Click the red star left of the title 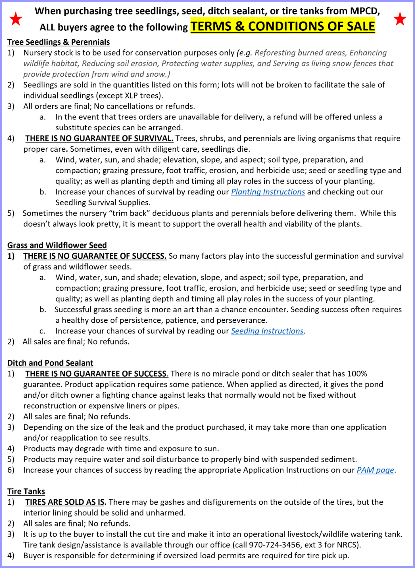[x=16, y=19]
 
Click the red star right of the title [x=400, y=19]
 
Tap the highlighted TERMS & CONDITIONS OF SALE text [x=283, y=26]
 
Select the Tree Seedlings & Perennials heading [x=59, y=42]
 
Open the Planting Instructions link [x=268, y=192]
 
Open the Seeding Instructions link [x=267, y=331]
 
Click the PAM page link [x=375, y=470]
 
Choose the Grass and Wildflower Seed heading [x=57, y=245]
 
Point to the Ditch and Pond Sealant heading [x=50, y=363]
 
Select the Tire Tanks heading [x=26, y=491]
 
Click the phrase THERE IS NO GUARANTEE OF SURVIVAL [x=99, y=138]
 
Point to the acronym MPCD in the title [x=365, y=11]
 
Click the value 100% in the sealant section [x=358, y=374]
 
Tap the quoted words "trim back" [x=130, y=213]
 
